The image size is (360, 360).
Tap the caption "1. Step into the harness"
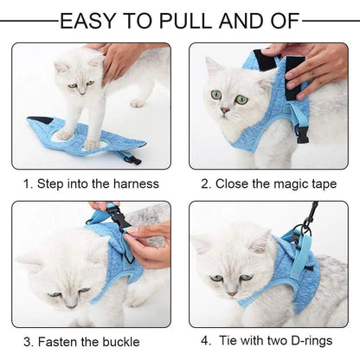(91, 183)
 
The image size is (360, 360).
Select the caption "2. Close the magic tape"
(268, 183)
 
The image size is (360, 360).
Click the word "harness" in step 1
(136, 183)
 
